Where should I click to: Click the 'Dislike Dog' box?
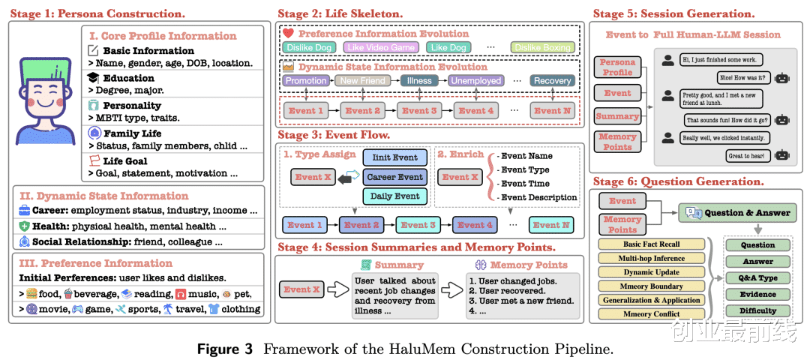point(309,47)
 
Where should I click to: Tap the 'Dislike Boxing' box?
point(542,47)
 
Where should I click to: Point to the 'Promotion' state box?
point(306,80)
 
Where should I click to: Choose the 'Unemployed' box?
point(476,80)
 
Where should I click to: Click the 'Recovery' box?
point(552,80)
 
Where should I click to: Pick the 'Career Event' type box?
point(394,178)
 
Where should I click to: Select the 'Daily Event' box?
point(394,196)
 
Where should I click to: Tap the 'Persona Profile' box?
point(617,67)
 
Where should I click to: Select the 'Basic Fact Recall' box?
point(652,244)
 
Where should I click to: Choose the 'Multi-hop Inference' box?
point(652,258)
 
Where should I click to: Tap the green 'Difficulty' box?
point(757,310)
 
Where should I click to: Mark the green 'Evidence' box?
point(757,294)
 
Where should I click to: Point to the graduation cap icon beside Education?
point(93,78)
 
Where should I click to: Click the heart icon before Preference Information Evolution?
point(288,34)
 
